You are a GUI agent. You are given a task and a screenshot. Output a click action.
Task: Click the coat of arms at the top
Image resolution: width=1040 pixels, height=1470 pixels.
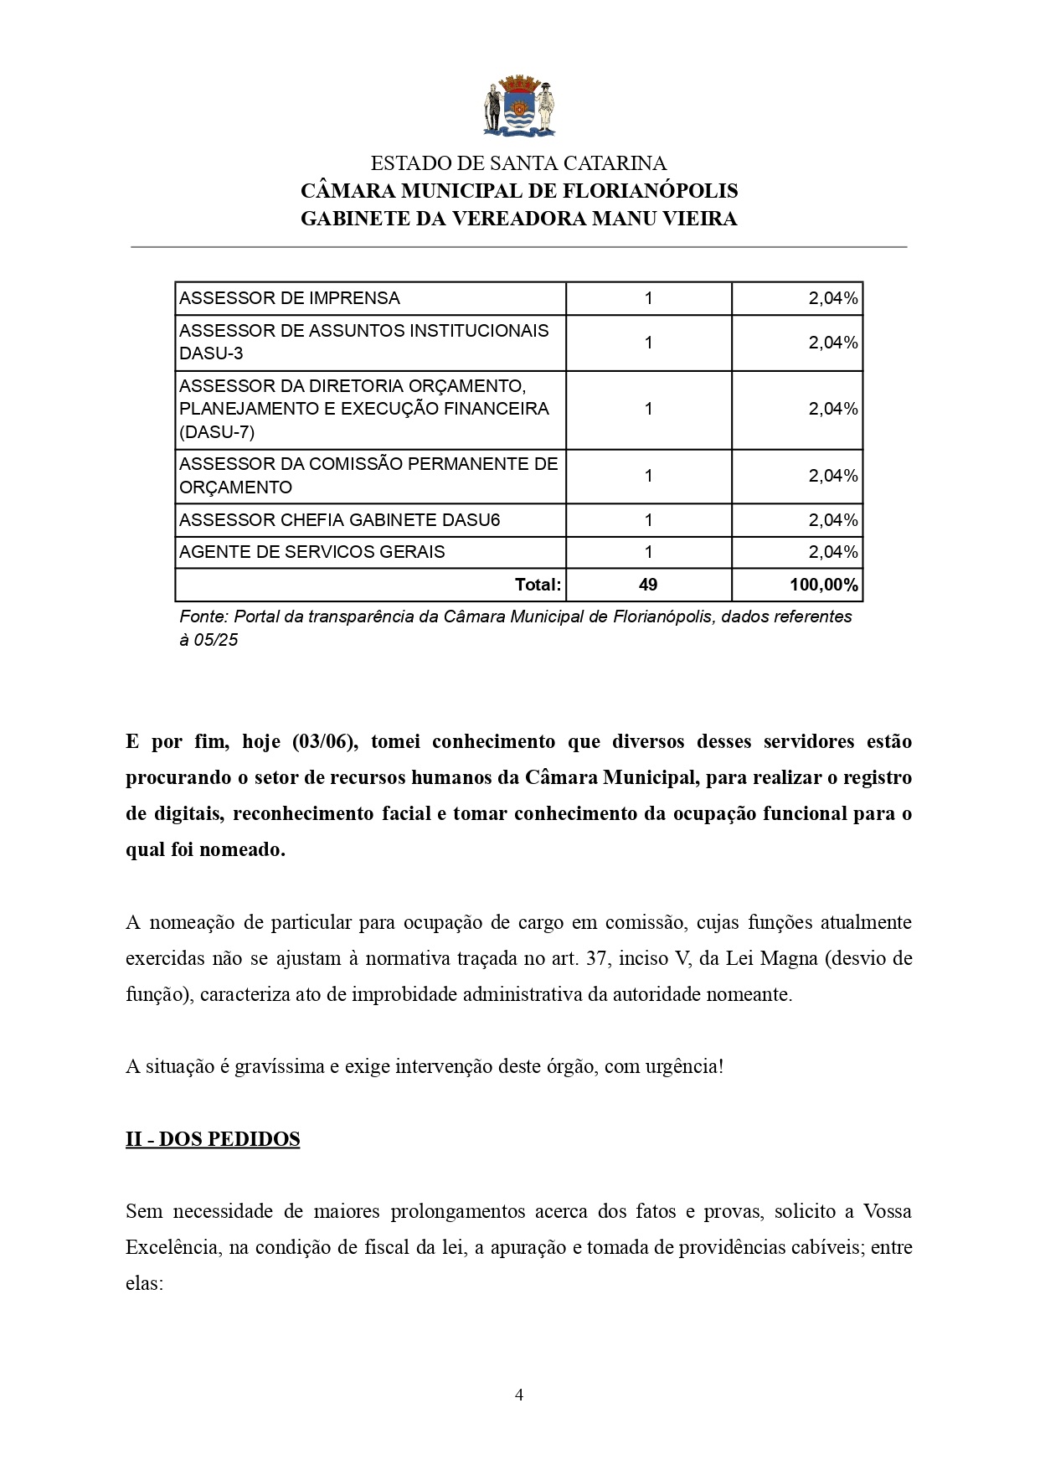tap(519, 107)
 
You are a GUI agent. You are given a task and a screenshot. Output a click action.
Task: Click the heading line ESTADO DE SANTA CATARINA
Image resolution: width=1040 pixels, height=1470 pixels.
tap(518, 163)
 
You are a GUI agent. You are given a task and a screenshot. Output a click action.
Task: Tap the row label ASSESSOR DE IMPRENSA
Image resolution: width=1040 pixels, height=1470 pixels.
tap(290, 298)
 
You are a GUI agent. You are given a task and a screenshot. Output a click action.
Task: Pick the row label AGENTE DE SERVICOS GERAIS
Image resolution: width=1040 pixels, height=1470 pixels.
tap(312, 552)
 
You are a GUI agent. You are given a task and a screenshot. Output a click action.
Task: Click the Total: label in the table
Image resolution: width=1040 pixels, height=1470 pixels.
tap(538, 585)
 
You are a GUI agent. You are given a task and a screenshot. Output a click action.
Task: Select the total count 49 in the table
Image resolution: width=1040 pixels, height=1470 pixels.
tap(648, 585)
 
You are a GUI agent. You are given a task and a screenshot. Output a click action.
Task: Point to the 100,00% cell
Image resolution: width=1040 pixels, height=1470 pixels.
tap(823, 585)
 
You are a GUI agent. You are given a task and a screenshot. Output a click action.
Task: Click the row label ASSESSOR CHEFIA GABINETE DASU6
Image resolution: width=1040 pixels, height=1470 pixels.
tap(339, 520)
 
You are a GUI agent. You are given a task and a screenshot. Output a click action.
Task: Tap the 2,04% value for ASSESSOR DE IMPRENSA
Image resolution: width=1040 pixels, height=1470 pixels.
tap(832, 298)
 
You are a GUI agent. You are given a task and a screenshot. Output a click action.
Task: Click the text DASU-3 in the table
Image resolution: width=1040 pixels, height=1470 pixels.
tap(211, 353)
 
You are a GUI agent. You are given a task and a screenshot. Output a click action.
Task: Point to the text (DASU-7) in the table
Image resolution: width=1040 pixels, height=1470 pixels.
tap(217, 432)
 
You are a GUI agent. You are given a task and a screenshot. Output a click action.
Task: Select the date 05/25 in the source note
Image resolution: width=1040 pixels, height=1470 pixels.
tap(216, 640)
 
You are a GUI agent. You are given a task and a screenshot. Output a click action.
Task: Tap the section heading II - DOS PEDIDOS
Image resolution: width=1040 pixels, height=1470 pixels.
tap(213, 1139)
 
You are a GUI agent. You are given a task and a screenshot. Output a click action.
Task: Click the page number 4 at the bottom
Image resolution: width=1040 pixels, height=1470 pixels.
tap(519, 1395)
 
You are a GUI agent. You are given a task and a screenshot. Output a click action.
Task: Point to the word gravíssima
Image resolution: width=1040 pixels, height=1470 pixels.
tap(279, 1066)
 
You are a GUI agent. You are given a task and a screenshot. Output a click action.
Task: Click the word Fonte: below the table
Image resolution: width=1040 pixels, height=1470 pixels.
tap(203, 616)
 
